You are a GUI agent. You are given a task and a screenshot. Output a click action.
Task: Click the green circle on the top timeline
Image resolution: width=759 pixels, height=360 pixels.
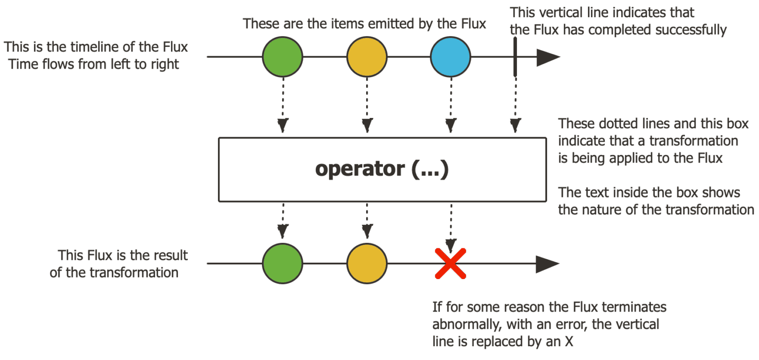[x=282, y=57]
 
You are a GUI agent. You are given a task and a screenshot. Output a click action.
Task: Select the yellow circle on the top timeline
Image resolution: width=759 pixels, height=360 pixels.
[x=367, y=57]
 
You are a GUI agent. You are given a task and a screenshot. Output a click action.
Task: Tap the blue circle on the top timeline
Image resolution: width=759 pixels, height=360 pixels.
[x=450, y=57]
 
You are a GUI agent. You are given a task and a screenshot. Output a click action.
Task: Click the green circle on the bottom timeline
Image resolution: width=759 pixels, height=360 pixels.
[x=282, y=263]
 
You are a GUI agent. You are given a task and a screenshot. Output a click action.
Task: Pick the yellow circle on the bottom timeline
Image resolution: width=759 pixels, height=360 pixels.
[x=367, y=263]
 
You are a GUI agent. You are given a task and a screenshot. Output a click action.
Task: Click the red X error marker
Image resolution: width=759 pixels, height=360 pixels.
[x=450, y=263]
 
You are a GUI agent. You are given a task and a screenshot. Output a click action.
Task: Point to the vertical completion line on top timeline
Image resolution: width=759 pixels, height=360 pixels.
[x=515, y=57]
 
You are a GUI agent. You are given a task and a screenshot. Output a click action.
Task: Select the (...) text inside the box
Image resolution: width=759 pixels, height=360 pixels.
[x=429, y=169]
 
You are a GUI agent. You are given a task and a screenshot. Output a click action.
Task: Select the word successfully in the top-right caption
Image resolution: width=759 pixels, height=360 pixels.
[x=690, y=30]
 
